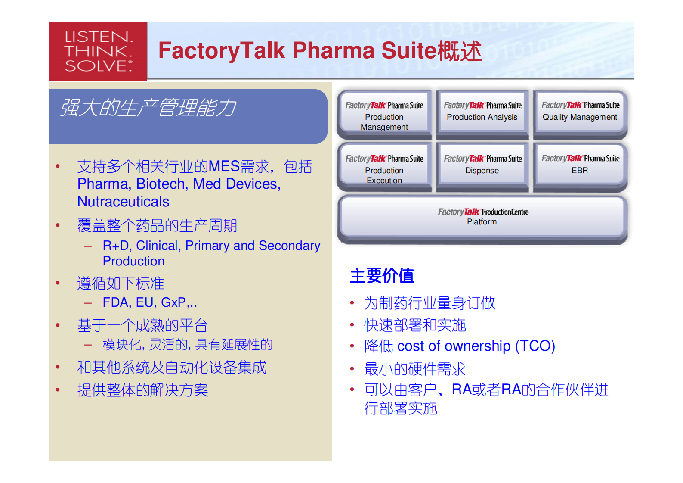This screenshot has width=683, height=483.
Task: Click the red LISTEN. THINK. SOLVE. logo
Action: click(x=98, y=51)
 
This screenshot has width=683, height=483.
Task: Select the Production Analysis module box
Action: click(x=482, y=114)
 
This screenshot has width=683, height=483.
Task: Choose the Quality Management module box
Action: click(x=580, y=114)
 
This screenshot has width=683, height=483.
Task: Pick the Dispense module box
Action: click(x=482, y=168)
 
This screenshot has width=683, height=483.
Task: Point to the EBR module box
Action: click(x=580, y=168)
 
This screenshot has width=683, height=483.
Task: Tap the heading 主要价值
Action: click(x=382, y=276)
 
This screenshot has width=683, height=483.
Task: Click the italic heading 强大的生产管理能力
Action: click(x=148, y=108)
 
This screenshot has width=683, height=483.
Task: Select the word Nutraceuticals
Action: click(x=123, y=202)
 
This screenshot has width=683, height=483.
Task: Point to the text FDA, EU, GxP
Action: click(x=144, y=302)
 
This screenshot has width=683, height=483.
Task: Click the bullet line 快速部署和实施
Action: click(x=415, y=325)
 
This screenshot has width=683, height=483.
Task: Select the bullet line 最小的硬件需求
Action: click(x=415, y=369)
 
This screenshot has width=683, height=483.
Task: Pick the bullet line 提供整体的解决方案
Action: click(x=142, y=390)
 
